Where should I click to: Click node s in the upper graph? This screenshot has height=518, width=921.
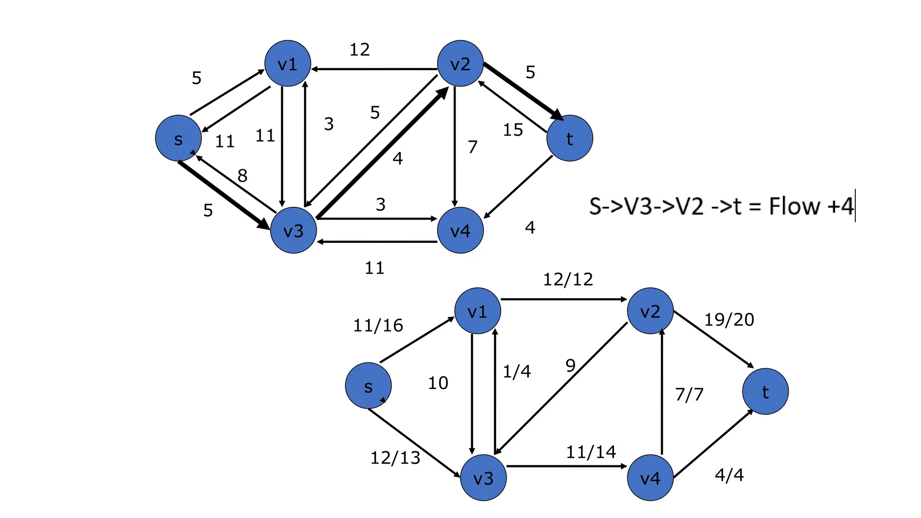[178, 138]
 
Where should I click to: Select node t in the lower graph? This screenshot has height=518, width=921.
[765, 391]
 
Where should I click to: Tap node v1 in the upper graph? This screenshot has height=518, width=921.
[287, 63]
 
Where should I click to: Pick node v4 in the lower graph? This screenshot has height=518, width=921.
[650, 478]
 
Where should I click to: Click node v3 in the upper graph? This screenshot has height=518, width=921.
[293, 230]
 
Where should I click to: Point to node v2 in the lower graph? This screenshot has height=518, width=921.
[650, 311]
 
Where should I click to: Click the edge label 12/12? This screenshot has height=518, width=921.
[568, 280]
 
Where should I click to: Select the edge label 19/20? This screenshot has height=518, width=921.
[729, 320]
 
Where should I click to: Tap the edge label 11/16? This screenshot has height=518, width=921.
[378, 326]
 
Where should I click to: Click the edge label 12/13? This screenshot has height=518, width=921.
[395, 458]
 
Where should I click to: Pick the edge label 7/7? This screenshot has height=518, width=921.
[689, 395]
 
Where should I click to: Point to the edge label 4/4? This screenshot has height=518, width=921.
[729, 475]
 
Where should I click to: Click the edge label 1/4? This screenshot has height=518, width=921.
[517, 372]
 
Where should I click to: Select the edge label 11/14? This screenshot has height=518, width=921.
[590, 452]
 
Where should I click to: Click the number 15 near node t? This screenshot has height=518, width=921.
[513, 130]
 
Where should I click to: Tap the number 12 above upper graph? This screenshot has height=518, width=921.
[360, 49]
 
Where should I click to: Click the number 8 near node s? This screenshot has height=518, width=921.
[242, 176]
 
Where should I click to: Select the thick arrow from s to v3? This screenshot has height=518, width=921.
[223, 194]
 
